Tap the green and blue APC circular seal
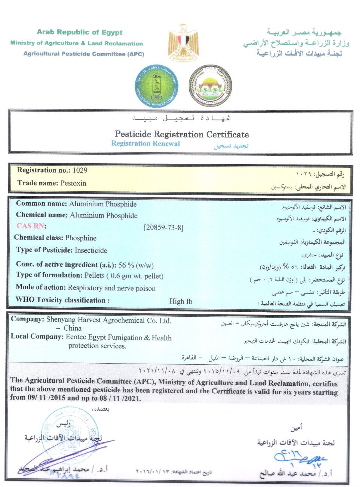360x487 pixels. [x=156, y=86]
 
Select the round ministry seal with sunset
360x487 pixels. [x=210, y=86]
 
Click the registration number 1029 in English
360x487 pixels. [x=80, y=170]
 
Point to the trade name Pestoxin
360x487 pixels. [x=73, y=183]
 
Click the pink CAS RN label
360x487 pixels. [x=30, y=226]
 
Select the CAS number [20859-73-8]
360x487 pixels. [x=163, y=227]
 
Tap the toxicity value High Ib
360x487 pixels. [x=180, y=301]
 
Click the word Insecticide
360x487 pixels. [x=91, y=250]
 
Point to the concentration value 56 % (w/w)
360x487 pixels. [x=136, y=265]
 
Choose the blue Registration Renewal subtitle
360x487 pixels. [x=145, y=144]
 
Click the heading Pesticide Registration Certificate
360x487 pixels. [x=181, y=134]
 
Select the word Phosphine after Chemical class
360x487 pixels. [x=81, y=238]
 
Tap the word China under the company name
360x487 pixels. [x=72, y=328]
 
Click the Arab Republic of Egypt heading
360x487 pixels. [x=79, y=32]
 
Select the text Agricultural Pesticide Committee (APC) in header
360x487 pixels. [x=84, y=54]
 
